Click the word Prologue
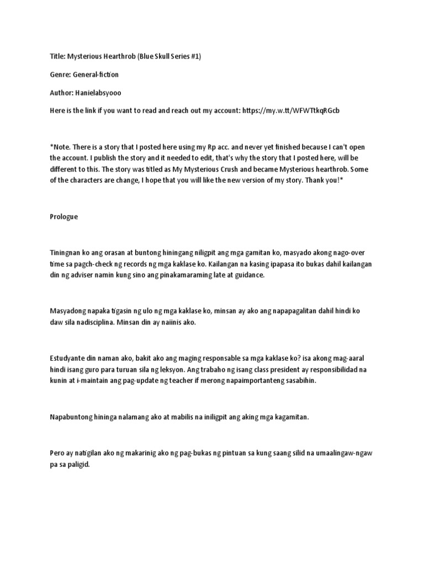point(63,217)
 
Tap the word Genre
point(60,74)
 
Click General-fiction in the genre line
point(96,74)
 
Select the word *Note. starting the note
point(60,147)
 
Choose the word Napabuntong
point(71,417)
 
